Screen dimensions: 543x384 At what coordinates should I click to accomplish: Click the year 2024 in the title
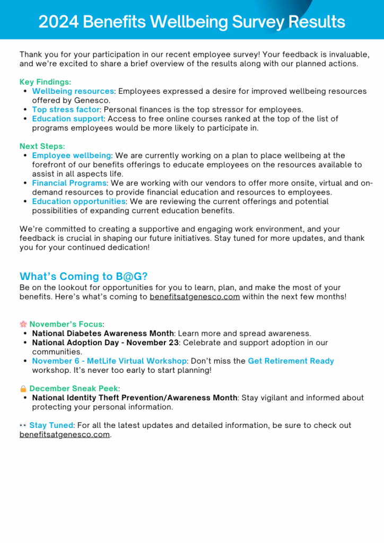[x=58, y=22]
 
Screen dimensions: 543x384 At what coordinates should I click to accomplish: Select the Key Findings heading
[x=45, y=82]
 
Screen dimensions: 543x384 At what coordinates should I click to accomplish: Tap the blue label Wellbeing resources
[x=73, y=91]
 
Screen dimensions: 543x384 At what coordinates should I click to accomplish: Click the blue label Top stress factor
[x=66, y=110]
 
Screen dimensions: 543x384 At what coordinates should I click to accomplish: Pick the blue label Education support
[x=67, y=119]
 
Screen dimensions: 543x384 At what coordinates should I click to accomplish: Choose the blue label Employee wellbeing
[x=72, y=155]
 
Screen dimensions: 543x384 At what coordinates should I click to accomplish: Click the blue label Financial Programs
[x=69, y=183]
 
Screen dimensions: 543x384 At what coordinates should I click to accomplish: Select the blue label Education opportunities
[x=78, y=202]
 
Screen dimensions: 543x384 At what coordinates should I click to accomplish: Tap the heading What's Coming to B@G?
[x=83, y=276]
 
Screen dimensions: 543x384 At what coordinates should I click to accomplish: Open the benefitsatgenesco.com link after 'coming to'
[x=195, y=297]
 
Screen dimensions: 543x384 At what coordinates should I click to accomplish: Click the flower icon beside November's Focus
[x=23, y=324]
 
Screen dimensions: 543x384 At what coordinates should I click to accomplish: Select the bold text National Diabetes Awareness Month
[x=103, y=334]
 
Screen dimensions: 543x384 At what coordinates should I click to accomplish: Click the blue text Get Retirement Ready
[x=291, y=361]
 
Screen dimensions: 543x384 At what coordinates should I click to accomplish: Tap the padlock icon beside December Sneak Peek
[x=23, y=389]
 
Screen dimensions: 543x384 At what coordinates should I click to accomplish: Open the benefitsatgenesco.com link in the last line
[x=65, y=435]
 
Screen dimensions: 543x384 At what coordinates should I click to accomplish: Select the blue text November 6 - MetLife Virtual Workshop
[x=109, y=361]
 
